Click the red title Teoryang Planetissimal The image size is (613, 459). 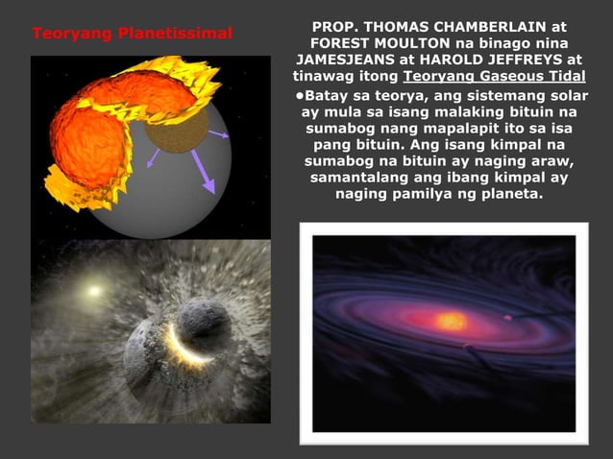[x=132, y=35]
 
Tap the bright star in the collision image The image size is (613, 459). [x=94, y=288]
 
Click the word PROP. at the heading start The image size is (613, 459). [x=337, y=27]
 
